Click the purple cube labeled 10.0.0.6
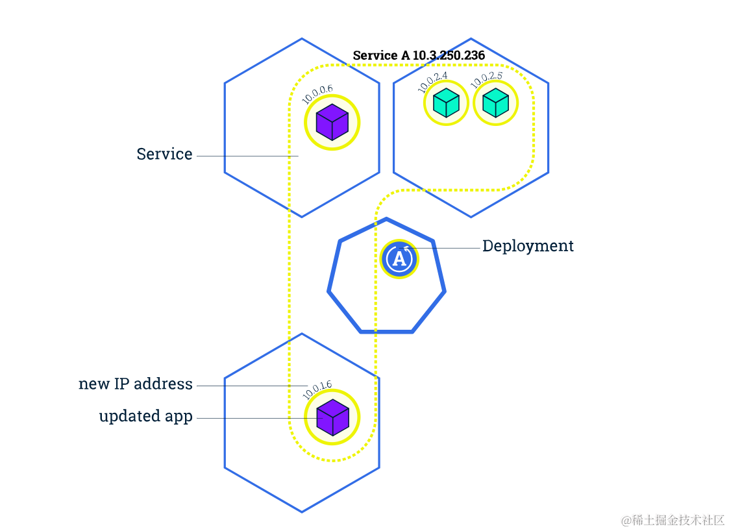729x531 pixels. click(x=332, y=122)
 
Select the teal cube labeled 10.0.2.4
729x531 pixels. click(x=446, y=103)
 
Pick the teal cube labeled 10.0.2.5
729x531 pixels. click(x=495, y=103)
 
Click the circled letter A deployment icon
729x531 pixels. click(x=399, y=258)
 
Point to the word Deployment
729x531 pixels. click(x=528, y=246)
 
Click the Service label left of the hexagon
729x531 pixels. click(x=164, y=154)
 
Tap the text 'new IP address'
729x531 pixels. click(x=136, y=384)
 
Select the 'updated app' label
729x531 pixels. click(x=145, y=416)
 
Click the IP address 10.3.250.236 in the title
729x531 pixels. click(x=449, y=56)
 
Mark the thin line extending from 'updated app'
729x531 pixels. click(x=253, y=419)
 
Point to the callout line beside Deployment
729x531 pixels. click(x=448, y=248)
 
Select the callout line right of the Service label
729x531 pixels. click(x=247, y=156)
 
